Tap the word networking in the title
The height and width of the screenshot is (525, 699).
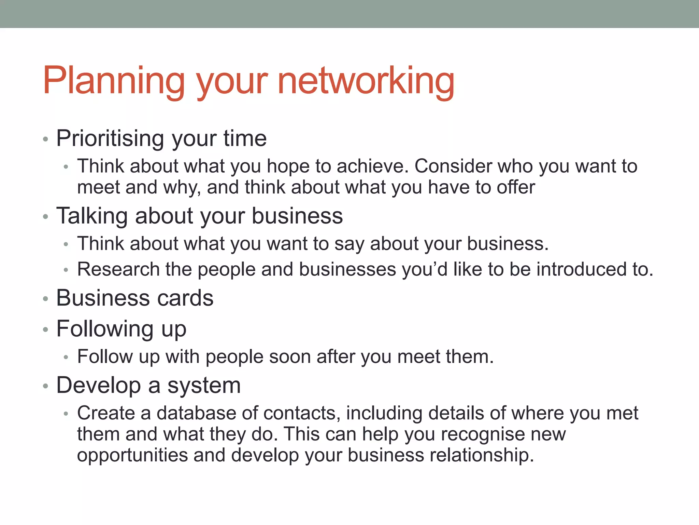coord(366,81)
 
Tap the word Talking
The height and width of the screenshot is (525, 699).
coord(92,216)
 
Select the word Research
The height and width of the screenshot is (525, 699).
coord(118,269)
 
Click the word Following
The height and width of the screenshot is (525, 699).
coord(105,329)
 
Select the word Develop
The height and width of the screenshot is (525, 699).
coord(99,386)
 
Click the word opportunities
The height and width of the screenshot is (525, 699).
coord(132,456)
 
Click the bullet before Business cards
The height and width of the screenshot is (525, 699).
coord(46,299)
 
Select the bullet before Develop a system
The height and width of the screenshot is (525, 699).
coord(46,387)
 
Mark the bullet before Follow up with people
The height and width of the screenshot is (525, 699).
coord(66,358)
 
